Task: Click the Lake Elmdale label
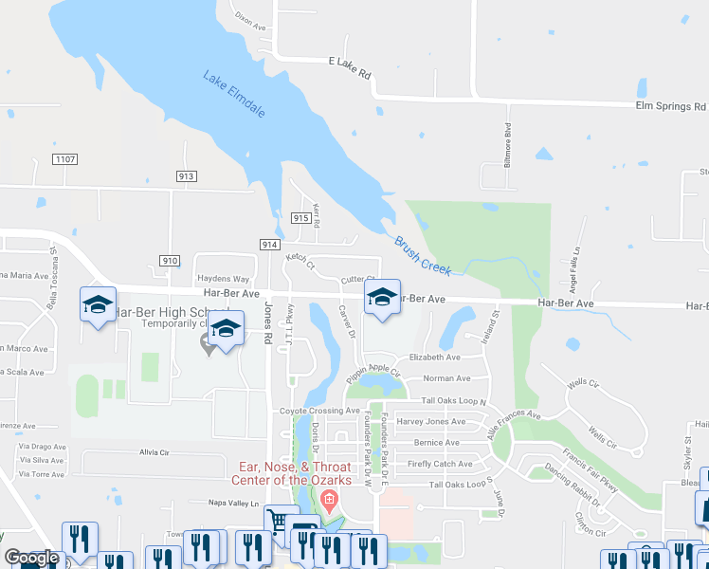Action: (233, 95)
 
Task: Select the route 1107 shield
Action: (65, 158)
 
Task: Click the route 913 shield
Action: (186, 176)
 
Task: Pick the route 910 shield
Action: (170, 260)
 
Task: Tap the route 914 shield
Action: (268, 245)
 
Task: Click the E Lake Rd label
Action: (350, 61)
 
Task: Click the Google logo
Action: (30, 559)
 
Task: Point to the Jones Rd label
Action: (268, 322)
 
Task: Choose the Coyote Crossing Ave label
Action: (319, 411)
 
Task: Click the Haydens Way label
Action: (222, 279)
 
